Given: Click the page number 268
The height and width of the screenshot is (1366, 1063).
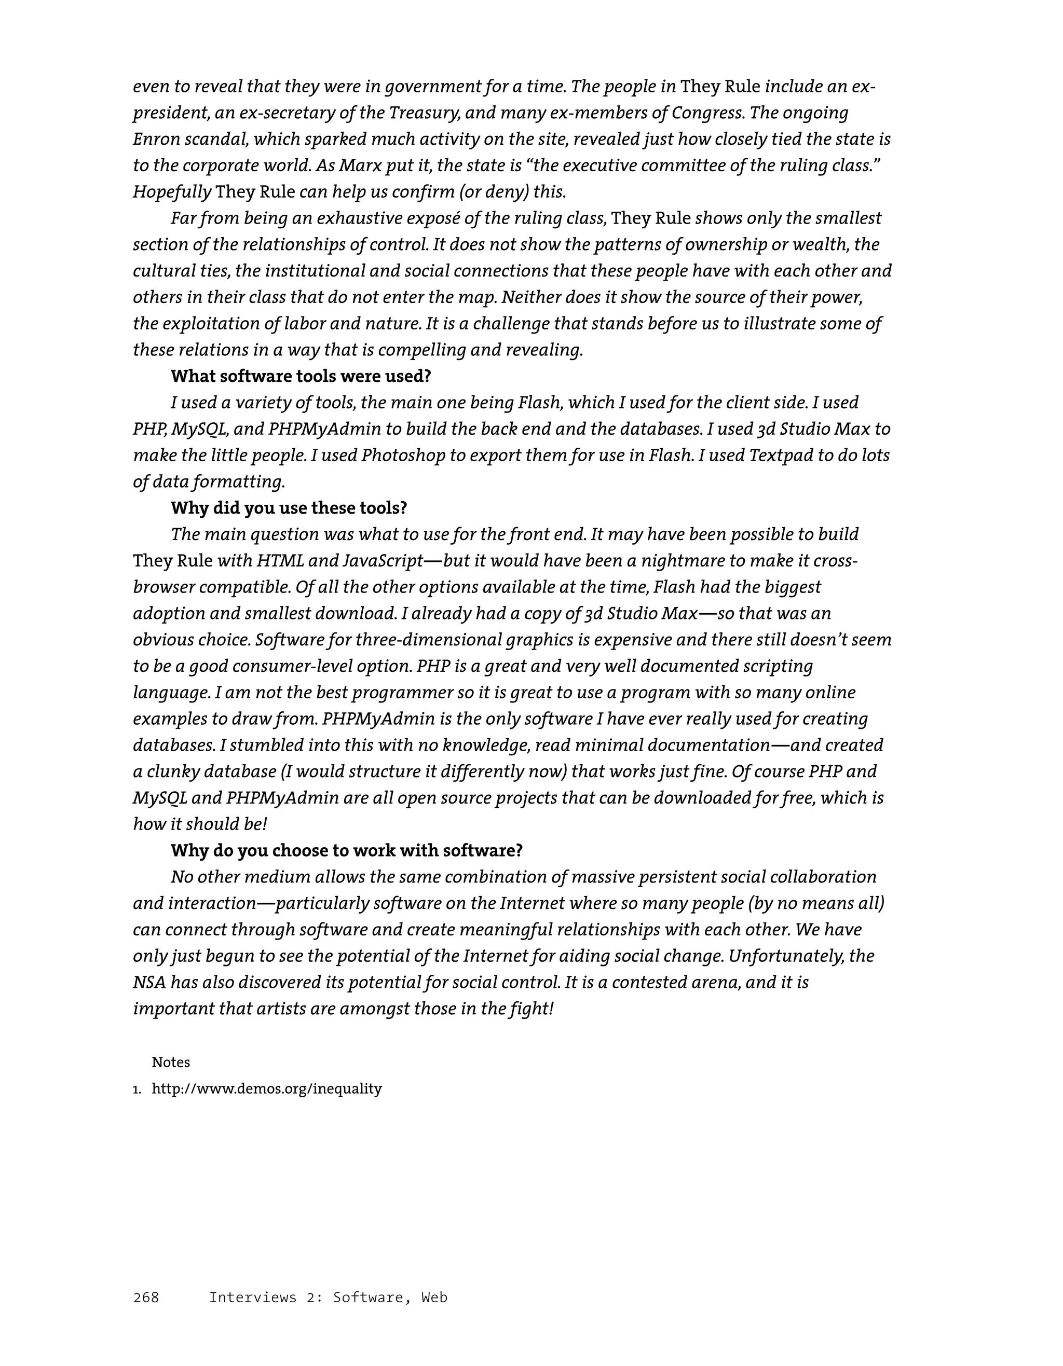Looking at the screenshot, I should tap(146, 1297).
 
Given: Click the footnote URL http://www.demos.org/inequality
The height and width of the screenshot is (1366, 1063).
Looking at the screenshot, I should tap(267, 1088).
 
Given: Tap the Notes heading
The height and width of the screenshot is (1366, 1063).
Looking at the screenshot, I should tap(171, 1062).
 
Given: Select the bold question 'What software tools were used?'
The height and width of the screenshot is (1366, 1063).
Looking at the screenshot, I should tap(301, 376).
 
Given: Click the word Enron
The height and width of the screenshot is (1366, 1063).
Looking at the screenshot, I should tap(156, 139).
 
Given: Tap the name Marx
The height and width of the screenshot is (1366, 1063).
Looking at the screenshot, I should tap(357, 165).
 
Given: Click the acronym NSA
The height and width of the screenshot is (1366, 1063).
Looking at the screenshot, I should tap(149, 982).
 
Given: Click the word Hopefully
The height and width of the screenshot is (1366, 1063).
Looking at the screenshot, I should tap(171, 191).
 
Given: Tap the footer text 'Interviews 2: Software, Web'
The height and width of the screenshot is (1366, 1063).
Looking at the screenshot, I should tap(328, 1297).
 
